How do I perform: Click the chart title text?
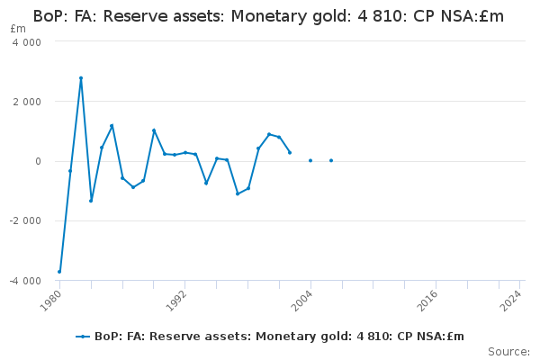(268, 16)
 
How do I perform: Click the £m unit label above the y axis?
(18, 29)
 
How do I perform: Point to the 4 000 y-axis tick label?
(27, 42)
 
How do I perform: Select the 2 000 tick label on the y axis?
(27, 102)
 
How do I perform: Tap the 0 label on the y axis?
(38, 161)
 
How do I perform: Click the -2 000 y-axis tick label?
(25, 220)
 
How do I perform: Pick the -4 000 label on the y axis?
(25, 281)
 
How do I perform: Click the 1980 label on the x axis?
(51, 300)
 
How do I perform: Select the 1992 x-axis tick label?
(176, 300)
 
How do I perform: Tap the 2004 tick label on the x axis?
(302, 300)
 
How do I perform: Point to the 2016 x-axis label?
(427, 300)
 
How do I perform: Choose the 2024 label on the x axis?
(511, 300)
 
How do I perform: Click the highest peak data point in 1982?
(81, 78)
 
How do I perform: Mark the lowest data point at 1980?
(59, 272)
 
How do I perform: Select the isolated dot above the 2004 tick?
(310, 160)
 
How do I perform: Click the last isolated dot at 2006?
(331, 160)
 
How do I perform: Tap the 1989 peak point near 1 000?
(154, 130)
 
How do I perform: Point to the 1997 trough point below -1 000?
(238, 194)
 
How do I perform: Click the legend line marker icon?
(83, 337)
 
